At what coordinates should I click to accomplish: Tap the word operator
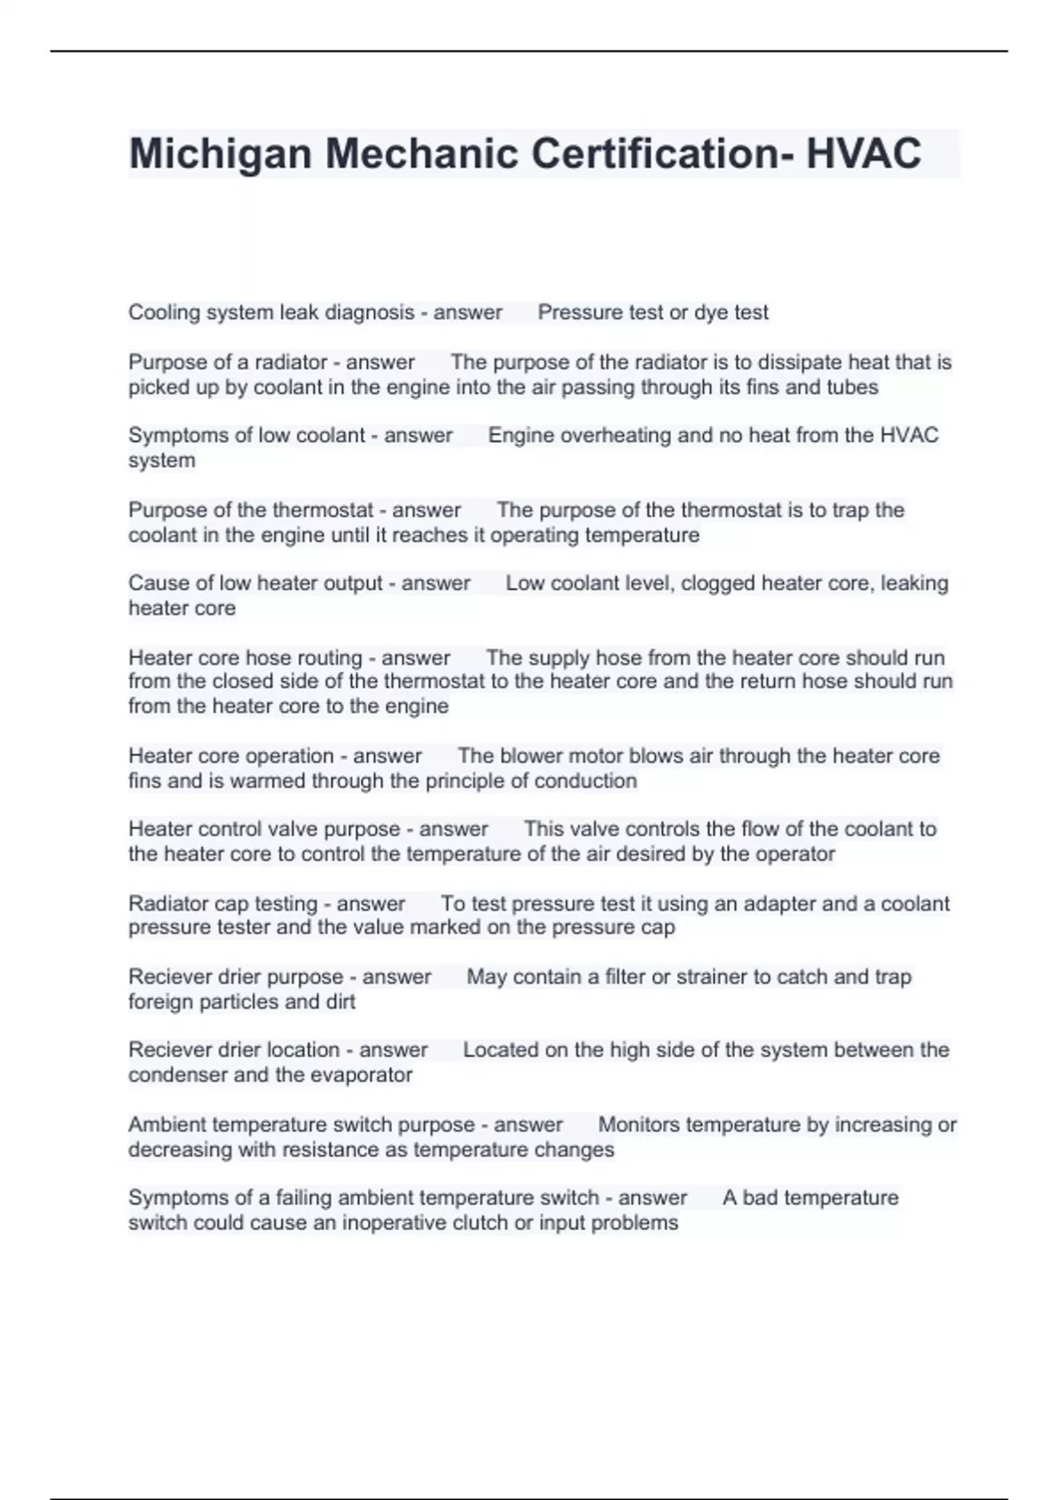coord(795,854)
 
